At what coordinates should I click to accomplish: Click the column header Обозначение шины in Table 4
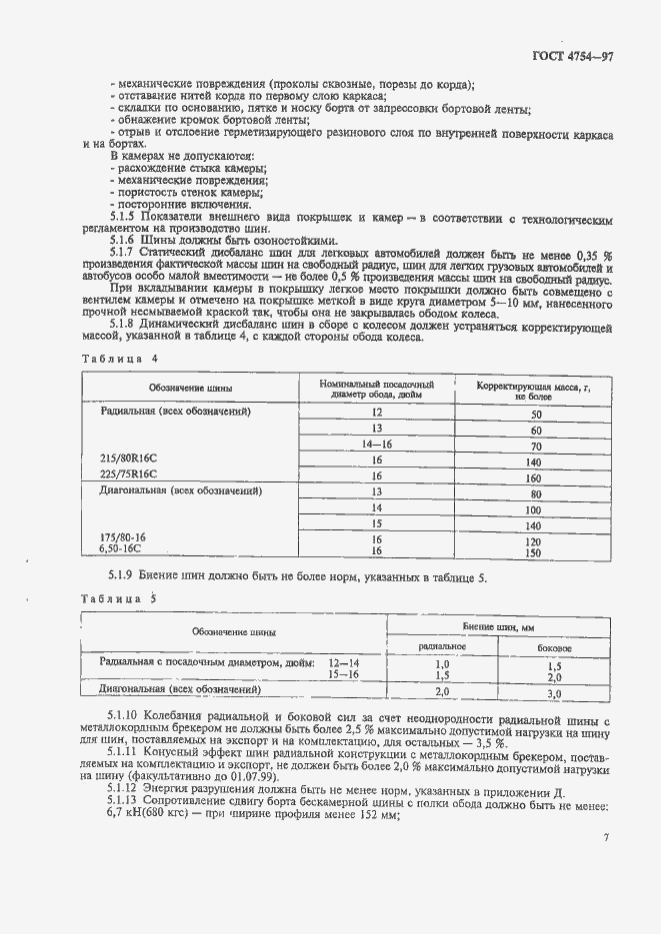pos(191,387)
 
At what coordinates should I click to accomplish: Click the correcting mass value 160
pos(535,477)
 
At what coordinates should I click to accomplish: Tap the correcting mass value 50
pos(535,414)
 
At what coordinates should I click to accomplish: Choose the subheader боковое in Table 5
pos(554,647)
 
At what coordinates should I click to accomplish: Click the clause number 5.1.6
pos(126,240)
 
